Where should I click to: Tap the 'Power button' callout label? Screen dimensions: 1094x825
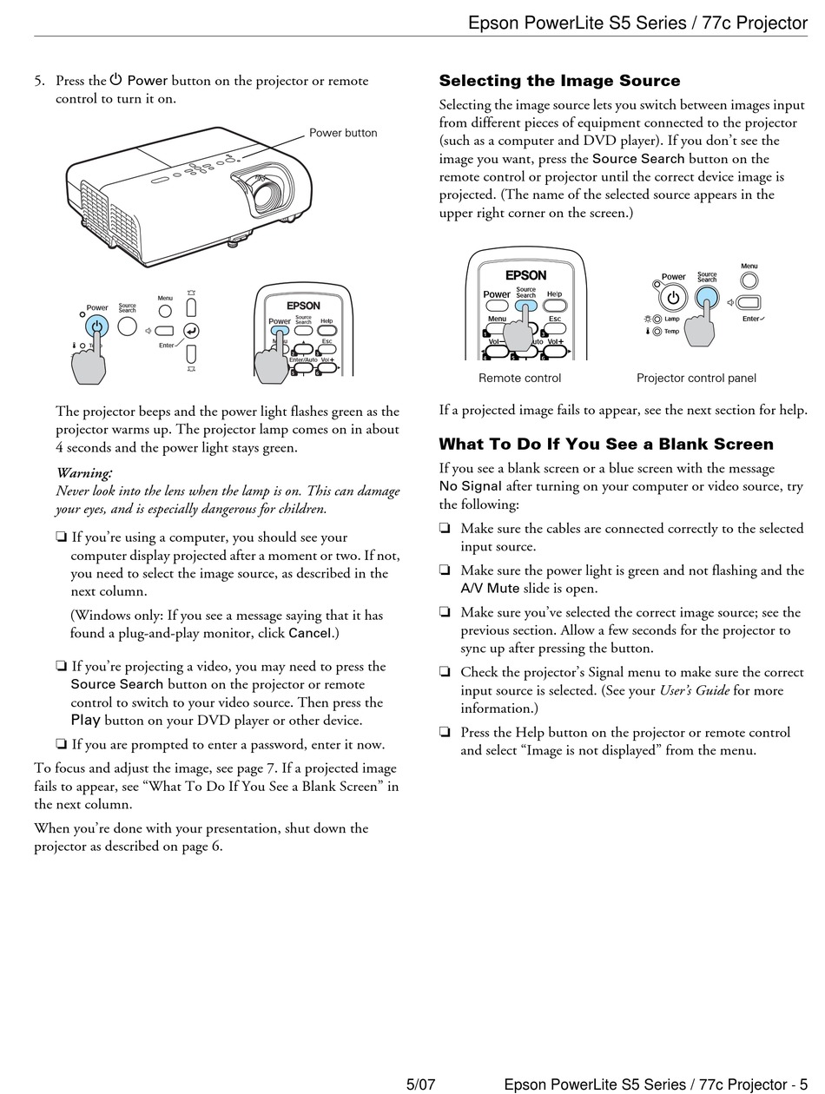343,133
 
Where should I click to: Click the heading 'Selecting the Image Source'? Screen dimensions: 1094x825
559,81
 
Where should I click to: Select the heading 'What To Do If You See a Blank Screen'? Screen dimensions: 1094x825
605,444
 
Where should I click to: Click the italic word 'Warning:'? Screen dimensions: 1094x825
84,473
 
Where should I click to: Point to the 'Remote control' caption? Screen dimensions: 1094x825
519,378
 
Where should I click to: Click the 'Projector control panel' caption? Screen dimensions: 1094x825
696,378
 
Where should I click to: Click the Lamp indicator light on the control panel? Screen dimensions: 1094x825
657,319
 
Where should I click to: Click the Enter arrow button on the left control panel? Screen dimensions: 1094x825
191,330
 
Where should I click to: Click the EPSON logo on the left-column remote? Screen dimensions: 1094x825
304,306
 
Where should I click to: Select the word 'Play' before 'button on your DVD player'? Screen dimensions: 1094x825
86,720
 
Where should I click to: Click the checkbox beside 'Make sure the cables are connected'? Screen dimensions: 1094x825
445,528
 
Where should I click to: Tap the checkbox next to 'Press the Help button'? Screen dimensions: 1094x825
445,732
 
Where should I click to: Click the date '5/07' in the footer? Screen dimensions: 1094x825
420,1084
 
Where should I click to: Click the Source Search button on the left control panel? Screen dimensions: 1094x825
128,326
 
